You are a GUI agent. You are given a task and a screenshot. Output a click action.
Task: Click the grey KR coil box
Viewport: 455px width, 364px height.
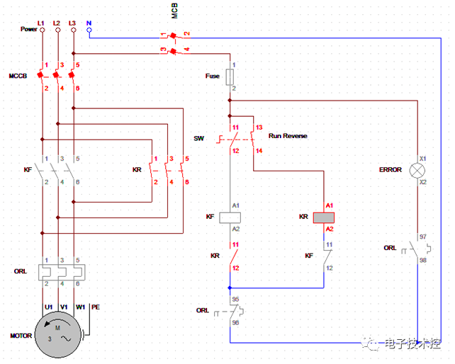tap(324, 217)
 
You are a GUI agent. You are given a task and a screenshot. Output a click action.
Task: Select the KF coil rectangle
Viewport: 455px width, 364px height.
tap(230, 217)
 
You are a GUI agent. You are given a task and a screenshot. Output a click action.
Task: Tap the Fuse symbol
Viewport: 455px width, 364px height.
tap(230, 76)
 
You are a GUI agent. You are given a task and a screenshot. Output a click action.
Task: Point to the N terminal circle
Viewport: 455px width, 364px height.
tap(89, 30)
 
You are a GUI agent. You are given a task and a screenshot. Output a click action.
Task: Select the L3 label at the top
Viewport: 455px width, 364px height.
tap(73, 23)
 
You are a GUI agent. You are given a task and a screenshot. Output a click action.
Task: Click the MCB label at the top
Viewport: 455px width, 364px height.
tap(174, 11)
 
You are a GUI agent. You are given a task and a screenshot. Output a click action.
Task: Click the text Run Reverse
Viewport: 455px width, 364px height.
tap(288, 135)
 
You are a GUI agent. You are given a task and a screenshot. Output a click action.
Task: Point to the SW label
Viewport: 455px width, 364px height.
tap(198, 139)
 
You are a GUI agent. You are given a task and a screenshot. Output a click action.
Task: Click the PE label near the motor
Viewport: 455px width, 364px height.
tap(96, 307)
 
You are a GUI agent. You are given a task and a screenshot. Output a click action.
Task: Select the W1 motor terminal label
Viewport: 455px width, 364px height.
tap(80, 307)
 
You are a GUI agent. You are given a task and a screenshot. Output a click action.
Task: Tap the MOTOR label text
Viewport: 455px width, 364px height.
tap(21, 336)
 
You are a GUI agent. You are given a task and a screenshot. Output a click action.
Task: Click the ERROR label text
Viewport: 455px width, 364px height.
tap(390, 170)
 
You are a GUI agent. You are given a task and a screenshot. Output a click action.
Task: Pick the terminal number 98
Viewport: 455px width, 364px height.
tap(422, 261)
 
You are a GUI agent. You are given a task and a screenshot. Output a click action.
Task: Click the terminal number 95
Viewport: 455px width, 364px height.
tap(235, 299)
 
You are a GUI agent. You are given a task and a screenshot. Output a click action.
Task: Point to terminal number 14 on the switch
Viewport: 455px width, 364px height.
tap(259, 151)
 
